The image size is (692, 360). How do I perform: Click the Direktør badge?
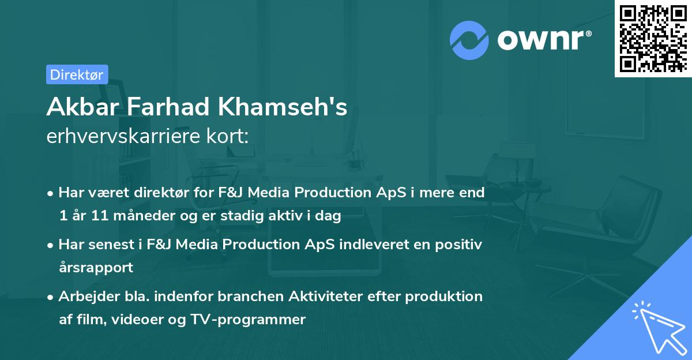click(77, 74)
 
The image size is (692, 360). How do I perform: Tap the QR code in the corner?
click(652, 38)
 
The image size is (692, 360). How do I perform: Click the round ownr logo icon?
click(469, 40)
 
